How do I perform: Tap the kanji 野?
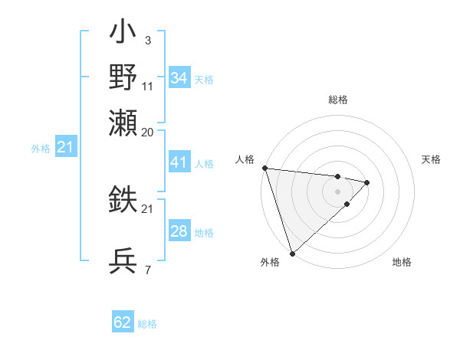tap(123, 77)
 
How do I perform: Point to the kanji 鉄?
tap(123, 201)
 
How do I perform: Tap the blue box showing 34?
tap(179, 78)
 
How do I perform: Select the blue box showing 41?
tap(179, 163)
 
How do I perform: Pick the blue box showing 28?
tap(179, 231)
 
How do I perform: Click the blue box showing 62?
tap(123, 322)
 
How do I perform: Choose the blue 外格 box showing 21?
tap(66, 147)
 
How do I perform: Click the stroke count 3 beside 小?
tap(147, 40)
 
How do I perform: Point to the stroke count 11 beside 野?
tap(148, 86)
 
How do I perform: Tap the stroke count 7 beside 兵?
tap(147, 270)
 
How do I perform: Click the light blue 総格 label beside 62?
tap(147, 324)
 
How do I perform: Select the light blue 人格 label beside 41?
tap(204, 164)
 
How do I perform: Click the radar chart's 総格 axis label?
tap(338, 100)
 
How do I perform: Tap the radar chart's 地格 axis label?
tap(402, 262)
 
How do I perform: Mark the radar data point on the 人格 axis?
tap(264, 168)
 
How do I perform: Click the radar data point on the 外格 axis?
tap(292, 253)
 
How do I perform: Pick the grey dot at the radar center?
tap(338, 191)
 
